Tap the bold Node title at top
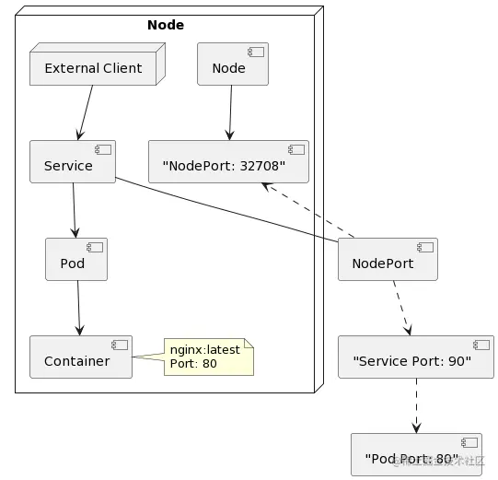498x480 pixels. tap(166, 25)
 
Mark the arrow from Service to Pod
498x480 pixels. tap(74, 211)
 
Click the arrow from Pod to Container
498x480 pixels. tap(78, 308)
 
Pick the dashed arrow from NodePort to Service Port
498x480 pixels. tap(400, 308)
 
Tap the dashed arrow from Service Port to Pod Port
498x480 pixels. tap(416, 405)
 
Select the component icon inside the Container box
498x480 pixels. tap(118, 345)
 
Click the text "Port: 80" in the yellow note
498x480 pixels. tap(193, 363)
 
